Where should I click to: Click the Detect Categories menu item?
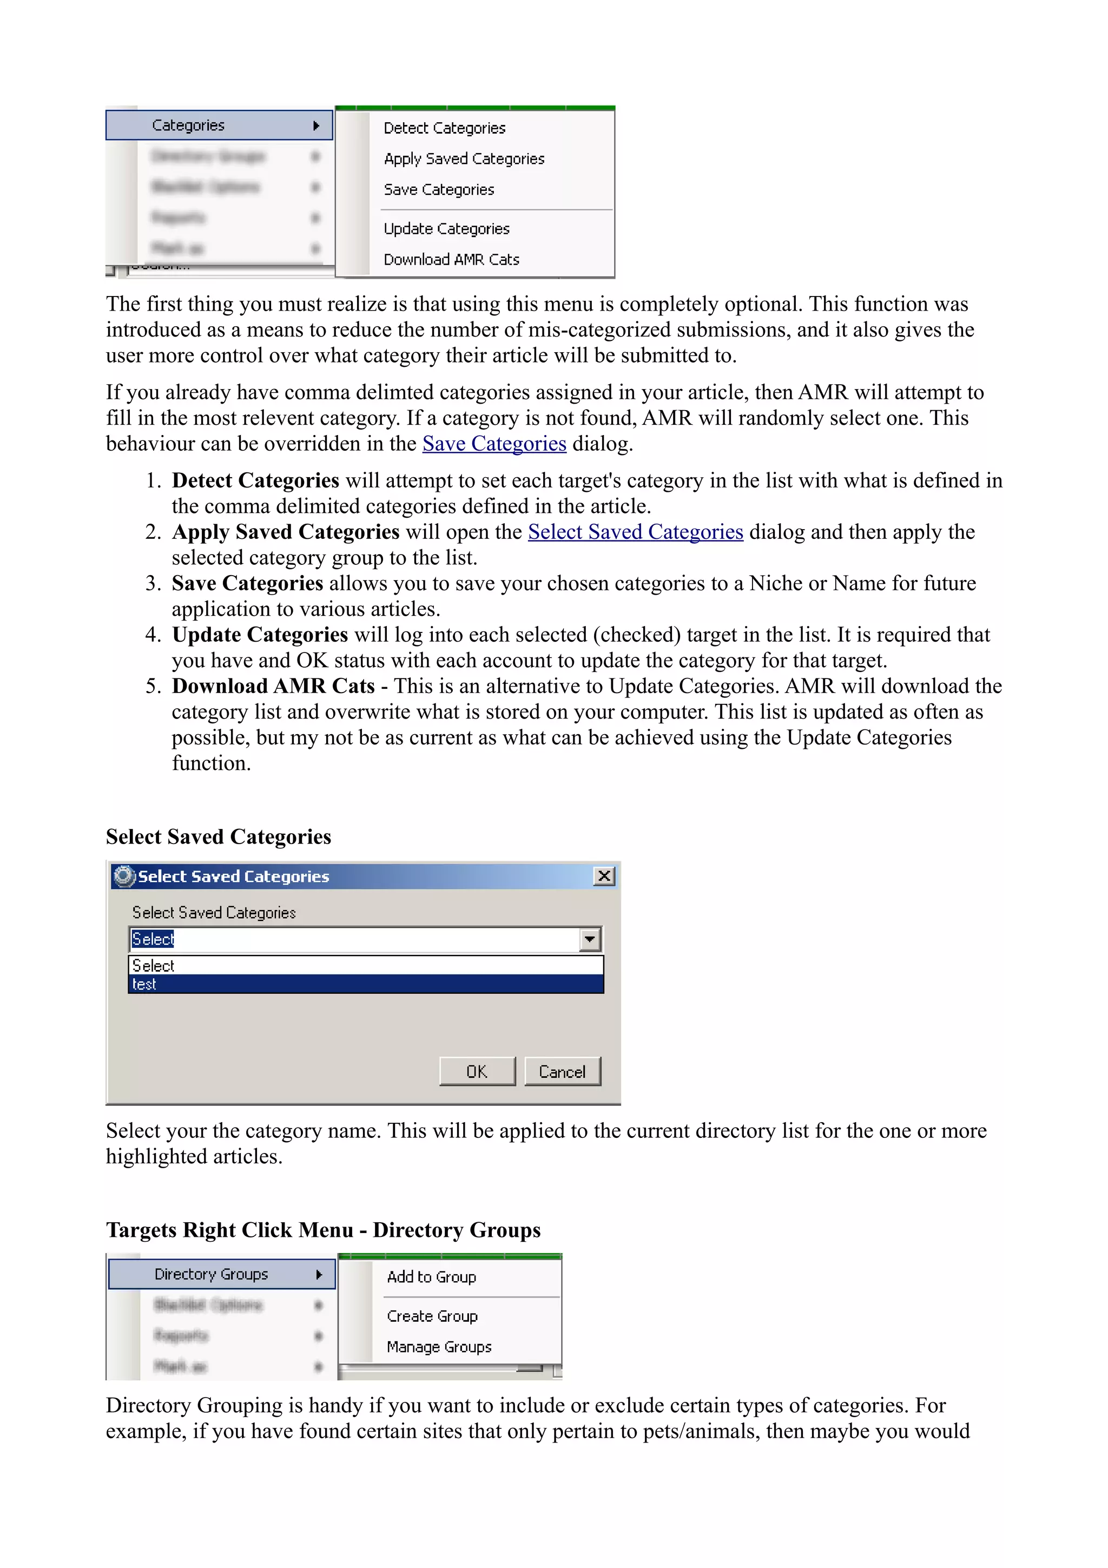point(444,128)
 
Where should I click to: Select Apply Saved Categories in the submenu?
point(464,159)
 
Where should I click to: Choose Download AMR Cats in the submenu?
point(451,260)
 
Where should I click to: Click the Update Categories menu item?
point(446,229)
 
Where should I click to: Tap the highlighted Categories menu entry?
point(219,125)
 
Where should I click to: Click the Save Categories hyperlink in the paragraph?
point(494,444)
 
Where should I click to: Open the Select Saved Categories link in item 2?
point(635,532)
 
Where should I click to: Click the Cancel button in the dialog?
point(562,1071)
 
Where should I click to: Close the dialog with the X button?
point(604,876)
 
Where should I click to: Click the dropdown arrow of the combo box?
point(590,940)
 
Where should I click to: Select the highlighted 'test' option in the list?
point(365,984)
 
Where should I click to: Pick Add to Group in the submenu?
point(431,1277)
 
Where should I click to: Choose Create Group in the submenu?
point(432,1316)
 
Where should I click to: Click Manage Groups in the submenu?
point(439,1347)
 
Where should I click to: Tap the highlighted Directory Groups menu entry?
point(221,1274)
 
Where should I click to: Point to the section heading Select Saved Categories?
point(219,836)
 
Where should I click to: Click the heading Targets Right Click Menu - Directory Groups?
point(323,1230)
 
